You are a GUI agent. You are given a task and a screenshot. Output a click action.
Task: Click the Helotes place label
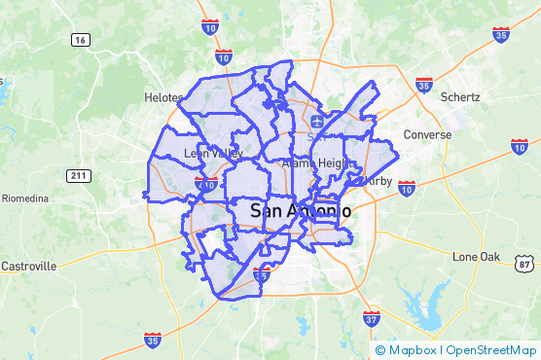tap(162, 97)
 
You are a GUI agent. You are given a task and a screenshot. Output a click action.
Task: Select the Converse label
tap(427, 134)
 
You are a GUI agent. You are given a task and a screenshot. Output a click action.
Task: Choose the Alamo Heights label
tap(313, 164)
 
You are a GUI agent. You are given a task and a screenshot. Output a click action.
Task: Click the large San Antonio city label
tap(300, 210)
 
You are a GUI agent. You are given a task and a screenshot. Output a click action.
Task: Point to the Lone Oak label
tap(476, 256)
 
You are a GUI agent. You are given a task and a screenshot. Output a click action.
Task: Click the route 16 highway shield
tap(81, 39)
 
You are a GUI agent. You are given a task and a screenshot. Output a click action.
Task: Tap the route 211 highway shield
tap(79, 175)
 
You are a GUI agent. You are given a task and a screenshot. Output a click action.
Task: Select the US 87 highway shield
tap(525, 264)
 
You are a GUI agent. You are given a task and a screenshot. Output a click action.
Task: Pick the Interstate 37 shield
tap(371, 317)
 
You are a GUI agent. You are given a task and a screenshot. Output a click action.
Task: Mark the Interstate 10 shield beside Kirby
tap(407, 186)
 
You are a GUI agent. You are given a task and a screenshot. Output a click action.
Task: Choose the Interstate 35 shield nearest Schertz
tap(424, 86)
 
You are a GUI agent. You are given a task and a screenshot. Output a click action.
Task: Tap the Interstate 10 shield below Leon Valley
tap(206, 182)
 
